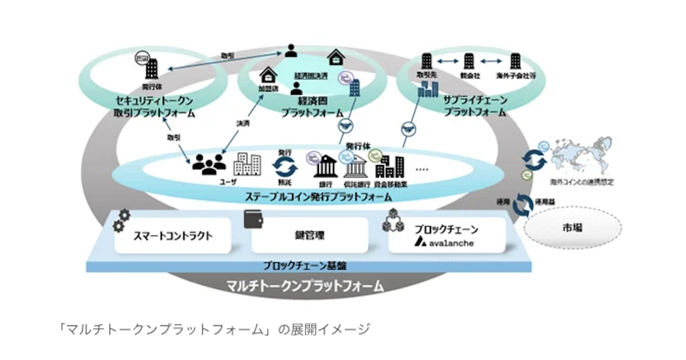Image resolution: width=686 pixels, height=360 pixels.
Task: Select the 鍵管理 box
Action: (309, 235)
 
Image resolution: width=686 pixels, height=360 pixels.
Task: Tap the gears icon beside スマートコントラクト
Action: (121, 220)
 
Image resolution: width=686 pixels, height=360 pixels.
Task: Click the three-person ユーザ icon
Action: (208, 165)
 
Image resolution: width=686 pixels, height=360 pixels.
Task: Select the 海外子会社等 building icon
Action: (515, 61)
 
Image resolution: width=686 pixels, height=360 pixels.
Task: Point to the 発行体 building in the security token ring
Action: (152, 70)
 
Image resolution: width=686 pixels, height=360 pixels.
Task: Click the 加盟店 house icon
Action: (268, 76)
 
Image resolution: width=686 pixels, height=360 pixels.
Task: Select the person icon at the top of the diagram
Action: (292, 50)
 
